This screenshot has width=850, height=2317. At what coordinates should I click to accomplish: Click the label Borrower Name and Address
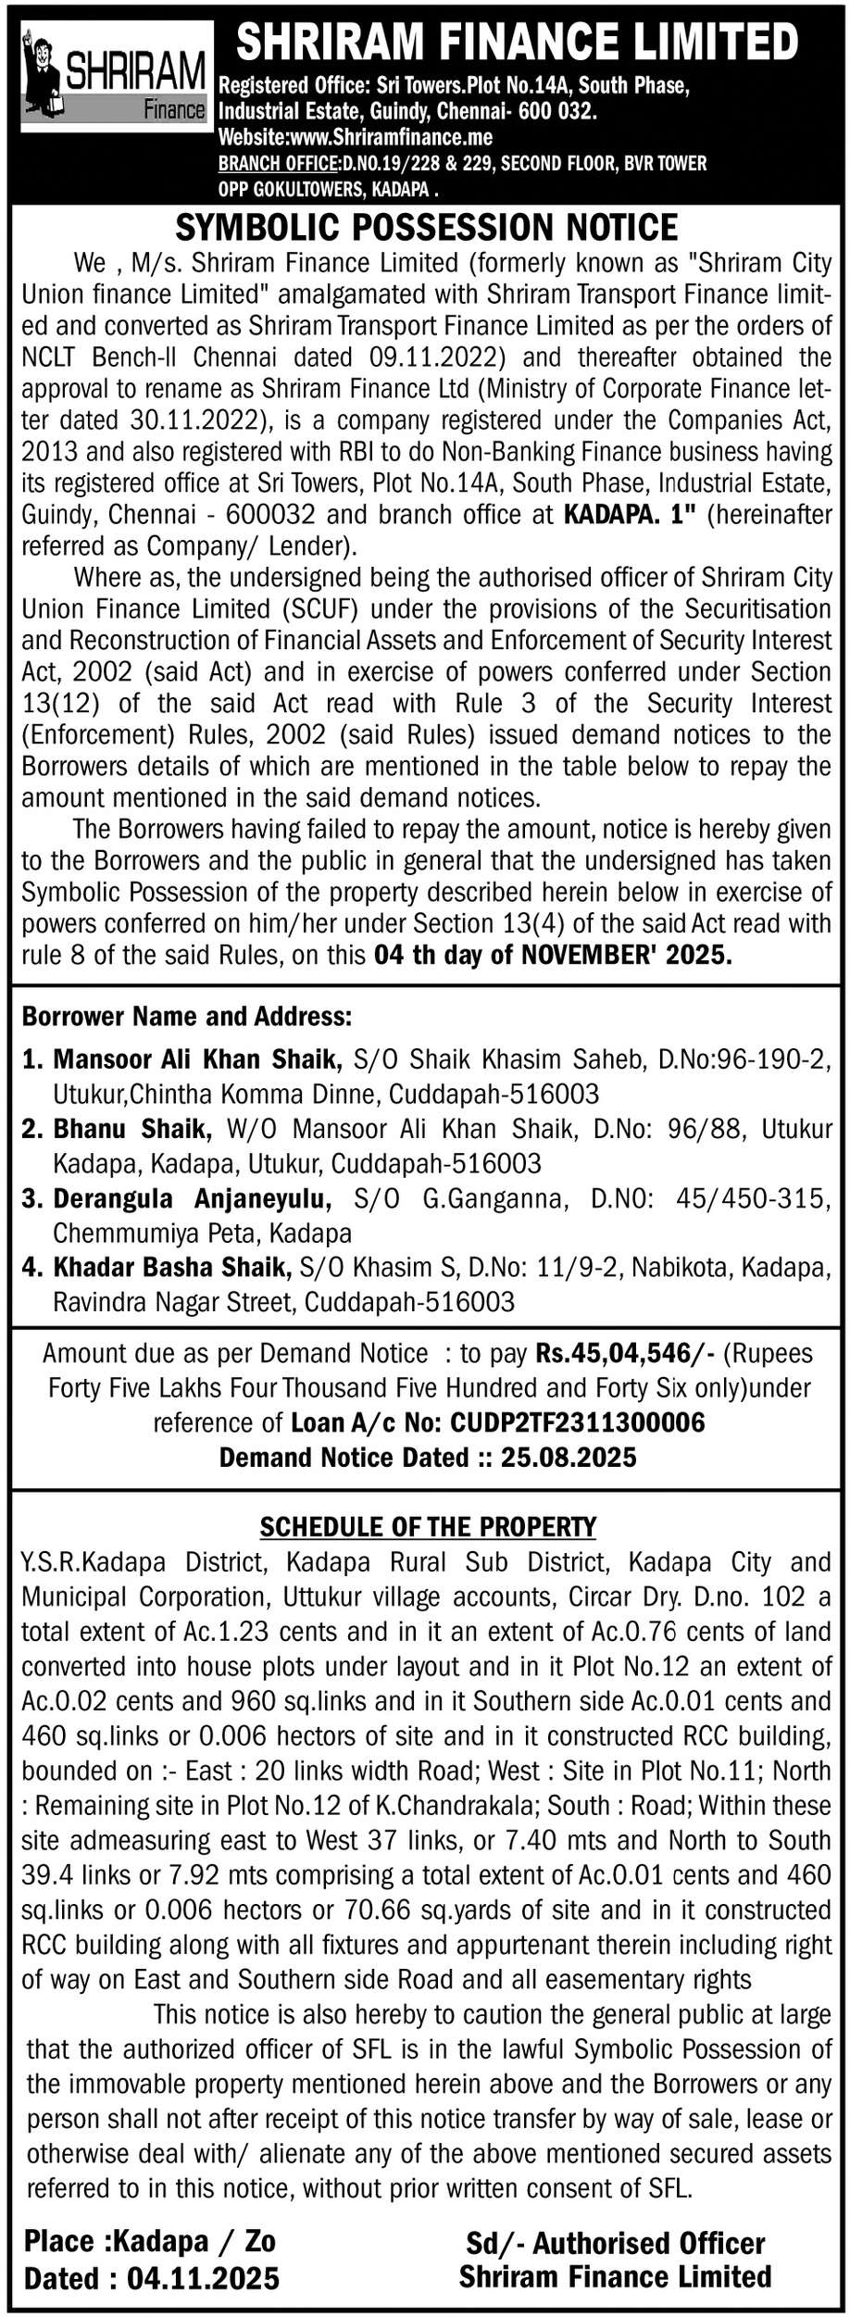[x=186, y=1017]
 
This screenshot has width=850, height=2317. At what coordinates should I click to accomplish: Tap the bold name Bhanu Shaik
[x=129, y=1128]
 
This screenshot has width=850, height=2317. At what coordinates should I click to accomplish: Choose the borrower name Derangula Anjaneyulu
[x=192, y=1198]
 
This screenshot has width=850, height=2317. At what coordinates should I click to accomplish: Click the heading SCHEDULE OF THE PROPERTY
[x=428, y=1526]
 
